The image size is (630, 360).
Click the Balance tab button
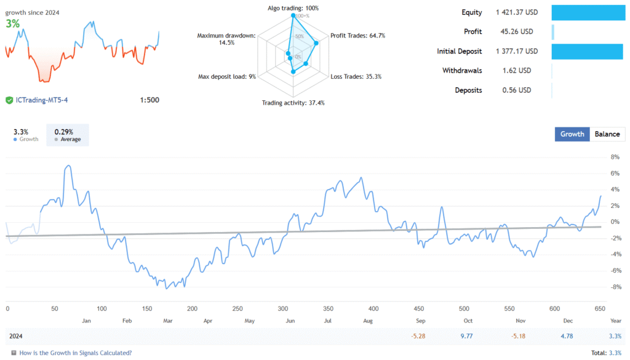tap(607, 134)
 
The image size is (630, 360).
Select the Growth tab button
tap(572, 134)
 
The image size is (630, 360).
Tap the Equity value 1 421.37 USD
tap(517, 12)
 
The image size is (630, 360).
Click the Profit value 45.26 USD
tap(517, 32)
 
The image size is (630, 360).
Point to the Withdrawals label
tap(462, 71)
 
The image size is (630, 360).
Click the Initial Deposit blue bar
tap(587, 52)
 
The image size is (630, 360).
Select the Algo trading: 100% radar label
tap(293, 8)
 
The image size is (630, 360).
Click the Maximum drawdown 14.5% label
tap(226, 39)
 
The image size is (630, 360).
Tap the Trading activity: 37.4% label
tap(293, 103)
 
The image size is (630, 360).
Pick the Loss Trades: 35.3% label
tap(356, 76)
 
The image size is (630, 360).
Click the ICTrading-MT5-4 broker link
tap(42, 100)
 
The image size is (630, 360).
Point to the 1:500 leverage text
tap(150, 100)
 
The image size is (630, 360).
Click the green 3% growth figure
tap(12, 24)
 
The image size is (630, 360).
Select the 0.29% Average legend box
tap(68, 135)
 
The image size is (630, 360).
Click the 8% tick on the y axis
tap(615, 157)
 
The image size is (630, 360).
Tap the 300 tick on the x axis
tap(283, 308)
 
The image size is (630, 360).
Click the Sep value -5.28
tap(418, 336)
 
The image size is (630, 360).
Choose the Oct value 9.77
tap(466, 336)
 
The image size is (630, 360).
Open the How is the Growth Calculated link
tap(76, 353)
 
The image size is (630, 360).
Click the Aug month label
tap(368, 321)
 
